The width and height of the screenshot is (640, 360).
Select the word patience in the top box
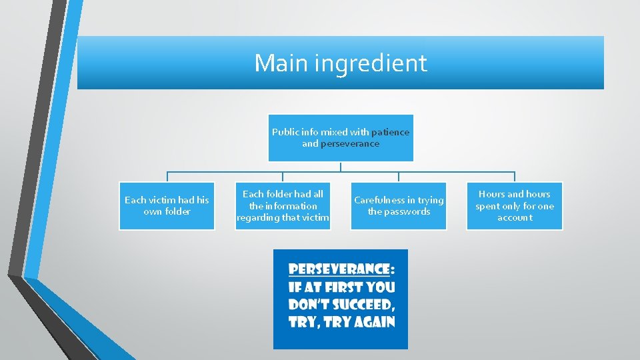coord(390,132)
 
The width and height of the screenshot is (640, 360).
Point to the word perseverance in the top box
coord(349,143)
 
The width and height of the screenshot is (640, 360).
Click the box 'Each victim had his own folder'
coord(167,206)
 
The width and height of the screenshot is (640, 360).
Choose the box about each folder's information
coord(283,206)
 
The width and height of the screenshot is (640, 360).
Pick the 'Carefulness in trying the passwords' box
coord(399,206)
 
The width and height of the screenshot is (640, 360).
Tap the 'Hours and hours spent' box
coord(514,206)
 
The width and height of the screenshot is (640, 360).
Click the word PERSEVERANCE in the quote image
coord(338,269)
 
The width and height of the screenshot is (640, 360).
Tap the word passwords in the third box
coord(408,211)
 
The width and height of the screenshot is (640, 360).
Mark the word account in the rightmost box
coord(515,217)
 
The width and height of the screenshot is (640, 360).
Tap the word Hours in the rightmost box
coord(491,194)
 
